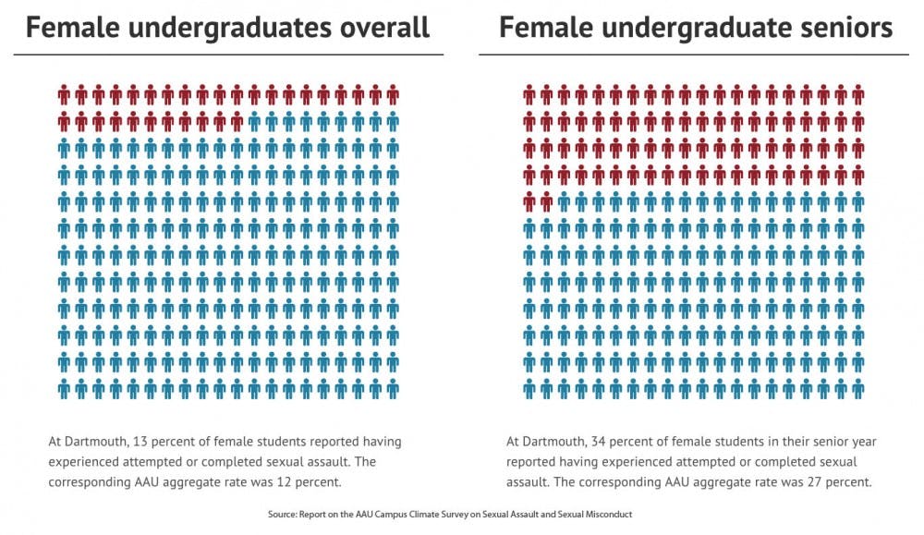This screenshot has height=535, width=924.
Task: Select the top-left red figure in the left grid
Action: coord(64,94)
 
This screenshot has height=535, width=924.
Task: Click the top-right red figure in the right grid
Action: coord(858,94)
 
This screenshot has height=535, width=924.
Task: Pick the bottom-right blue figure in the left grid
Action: coord(393,388)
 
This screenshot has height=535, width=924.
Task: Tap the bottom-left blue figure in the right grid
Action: coord(529,388)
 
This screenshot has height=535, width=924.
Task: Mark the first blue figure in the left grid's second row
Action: coord(254,121)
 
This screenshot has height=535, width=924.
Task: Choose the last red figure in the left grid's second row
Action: coord(237,121)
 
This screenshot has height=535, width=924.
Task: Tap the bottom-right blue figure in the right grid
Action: coord(858,388)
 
